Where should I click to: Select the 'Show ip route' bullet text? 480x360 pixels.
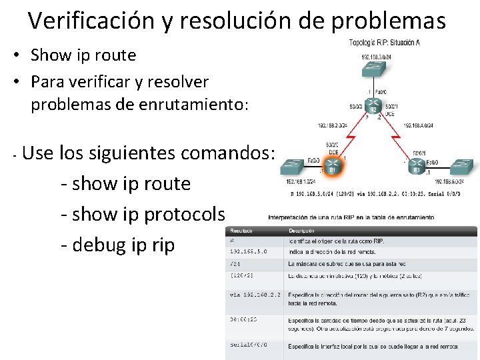pos(83,55)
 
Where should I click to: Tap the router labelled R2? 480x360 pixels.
pos(373,107)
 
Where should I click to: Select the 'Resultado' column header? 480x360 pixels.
pos(241,230)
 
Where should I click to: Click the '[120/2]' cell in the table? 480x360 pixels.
pos(241,275)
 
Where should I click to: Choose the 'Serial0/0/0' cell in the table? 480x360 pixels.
pos(249,345)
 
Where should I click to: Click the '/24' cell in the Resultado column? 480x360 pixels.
pos(235,263)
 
